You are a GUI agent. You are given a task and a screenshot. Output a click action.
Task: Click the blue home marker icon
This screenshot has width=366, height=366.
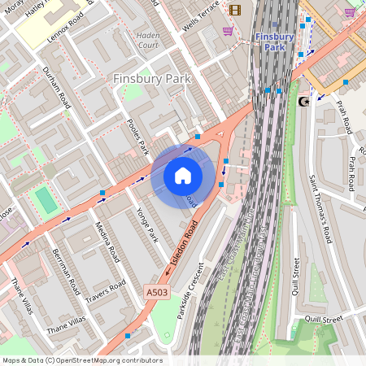tap(183, 175)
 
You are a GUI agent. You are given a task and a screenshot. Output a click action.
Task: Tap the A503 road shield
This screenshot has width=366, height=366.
tap(157, 291)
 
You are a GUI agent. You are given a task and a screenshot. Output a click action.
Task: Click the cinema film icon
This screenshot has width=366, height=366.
tap(235, 10)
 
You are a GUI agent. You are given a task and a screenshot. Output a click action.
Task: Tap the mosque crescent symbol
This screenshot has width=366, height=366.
tap(305, 102)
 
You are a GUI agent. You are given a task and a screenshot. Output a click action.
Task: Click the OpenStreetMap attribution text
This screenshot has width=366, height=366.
tap(81, 360)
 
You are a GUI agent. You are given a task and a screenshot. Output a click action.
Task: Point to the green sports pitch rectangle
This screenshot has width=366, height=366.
tap(46, 200)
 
